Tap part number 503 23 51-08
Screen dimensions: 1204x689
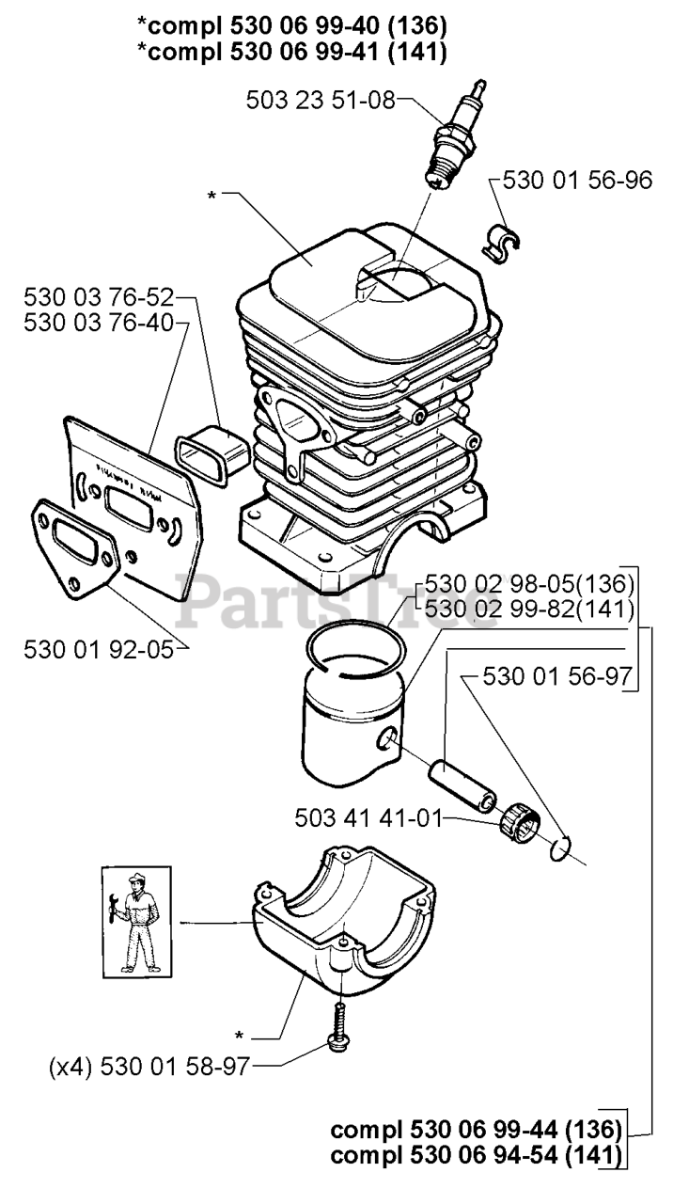click(321, 99)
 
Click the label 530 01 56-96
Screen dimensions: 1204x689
click(577, 180)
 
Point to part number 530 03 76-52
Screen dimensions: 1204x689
click(99, 298)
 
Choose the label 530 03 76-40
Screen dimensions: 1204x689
click(99, 323)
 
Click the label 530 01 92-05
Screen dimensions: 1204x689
click(99, 649)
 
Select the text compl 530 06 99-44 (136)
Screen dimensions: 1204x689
click(477, 1128)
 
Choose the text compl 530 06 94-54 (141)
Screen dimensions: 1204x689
click(477, 1154)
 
